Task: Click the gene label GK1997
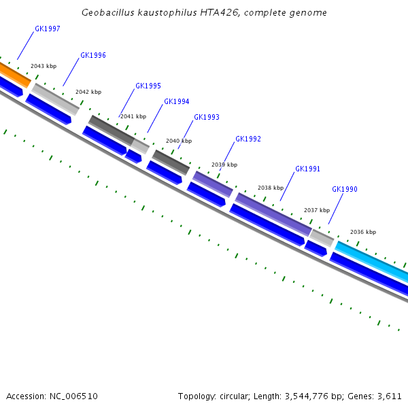click(47, 29)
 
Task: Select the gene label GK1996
click(92, 56)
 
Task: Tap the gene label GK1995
click(148, 86)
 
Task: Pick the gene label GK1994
click(176, 102)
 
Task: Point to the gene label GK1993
click(206, 118)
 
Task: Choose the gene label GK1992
click(248, 139)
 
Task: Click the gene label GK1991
click(307, 169)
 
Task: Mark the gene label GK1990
click(344, 190)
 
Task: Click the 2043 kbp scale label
click(44, 67)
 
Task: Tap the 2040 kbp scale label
click(179, 141)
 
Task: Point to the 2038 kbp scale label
click(271, 188)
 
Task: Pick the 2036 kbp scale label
click(363, 233)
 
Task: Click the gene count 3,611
click(389, 396)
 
